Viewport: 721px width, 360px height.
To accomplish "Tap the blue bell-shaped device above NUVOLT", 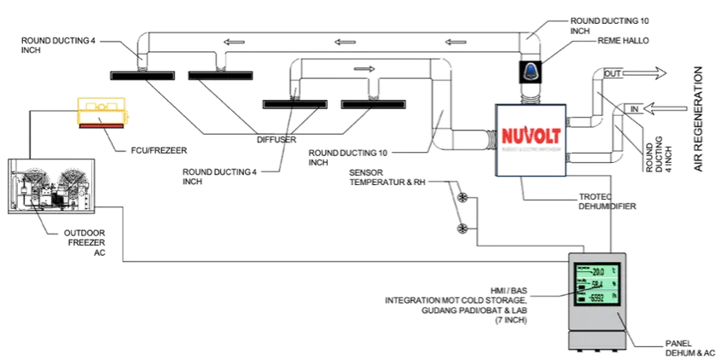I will coord(532,73).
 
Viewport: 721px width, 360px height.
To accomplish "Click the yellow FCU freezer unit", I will coord(102,113).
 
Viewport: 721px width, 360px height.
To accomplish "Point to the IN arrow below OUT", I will coord(636,110).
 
